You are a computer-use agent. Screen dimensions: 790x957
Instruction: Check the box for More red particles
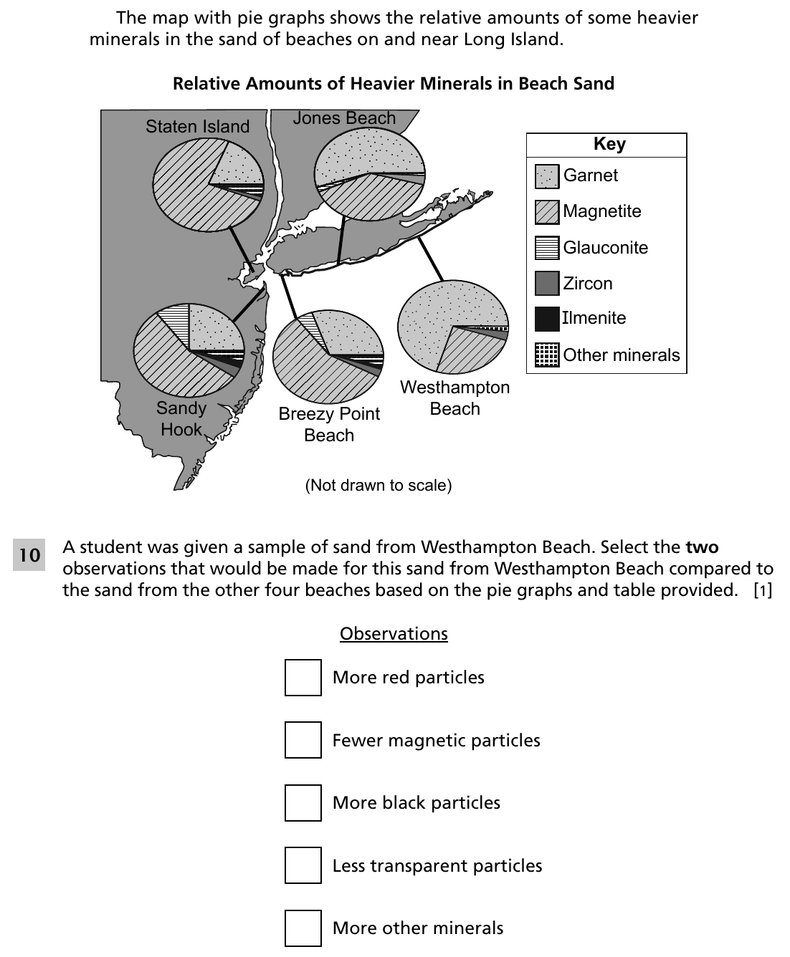303,678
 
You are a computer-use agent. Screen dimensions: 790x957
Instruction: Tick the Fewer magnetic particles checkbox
303,740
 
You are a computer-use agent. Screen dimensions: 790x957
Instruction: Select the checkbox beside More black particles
303,802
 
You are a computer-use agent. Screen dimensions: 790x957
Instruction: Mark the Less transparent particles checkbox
303,865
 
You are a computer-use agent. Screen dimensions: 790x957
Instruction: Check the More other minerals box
303,928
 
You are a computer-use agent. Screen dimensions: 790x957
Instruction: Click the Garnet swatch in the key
547,176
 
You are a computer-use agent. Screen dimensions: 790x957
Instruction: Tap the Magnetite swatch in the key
547,212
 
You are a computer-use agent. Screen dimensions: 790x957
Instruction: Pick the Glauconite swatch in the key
547,248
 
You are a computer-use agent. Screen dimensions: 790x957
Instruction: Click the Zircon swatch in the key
547,283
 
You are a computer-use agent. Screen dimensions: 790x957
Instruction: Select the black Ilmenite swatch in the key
547,319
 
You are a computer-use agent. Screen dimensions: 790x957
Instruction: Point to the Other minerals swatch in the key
547,355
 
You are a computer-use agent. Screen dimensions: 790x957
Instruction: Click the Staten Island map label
197,127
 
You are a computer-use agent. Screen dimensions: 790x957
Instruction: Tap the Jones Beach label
344,118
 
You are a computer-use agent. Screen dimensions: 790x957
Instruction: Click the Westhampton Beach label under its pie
455,398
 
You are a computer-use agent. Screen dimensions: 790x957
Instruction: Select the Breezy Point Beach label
329,424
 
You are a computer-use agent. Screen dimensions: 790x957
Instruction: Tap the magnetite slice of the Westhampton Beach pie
468,350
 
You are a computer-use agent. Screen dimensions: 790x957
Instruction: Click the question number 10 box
29,554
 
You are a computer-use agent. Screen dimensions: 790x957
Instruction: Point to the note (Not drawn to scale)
379,485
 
